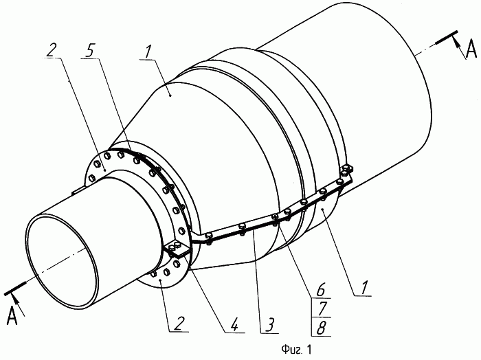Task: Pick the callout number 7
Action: (x=321, y=309)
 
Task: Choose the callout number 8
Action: (x=321, y=328)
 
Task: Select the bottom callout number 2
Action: (x=179, y=324)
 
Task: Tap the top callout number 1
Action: (x=148, y=52)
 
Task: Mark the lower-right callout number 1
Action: (x=363, y=288)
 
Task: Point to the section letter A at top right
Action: (x=471, y=50)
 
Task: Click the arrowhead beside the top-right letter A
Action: (x=457, y=42)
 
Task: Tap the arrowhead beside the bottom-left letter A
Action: (x=15, y=300)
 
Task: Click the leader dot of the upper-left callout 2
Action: (x=104, y=170)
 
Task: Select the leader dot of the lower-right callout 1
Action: (x=322, y=209)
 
